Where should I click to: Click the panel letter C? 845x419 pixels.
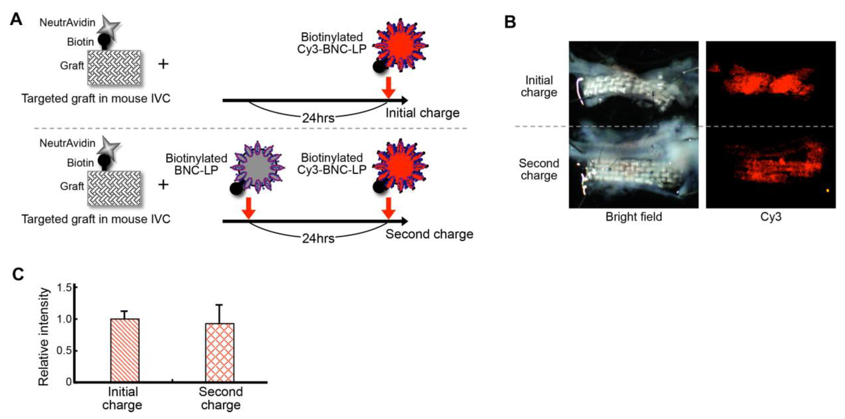[x=18, y=274]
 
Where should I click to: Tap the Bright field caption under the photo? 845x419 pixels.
[x=633, y=217]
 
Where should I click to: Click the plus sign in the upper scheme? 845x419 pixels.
[x=163, y=64]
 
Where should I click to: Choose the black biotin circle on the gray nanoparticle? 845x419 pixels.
[x=236, y=188]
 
